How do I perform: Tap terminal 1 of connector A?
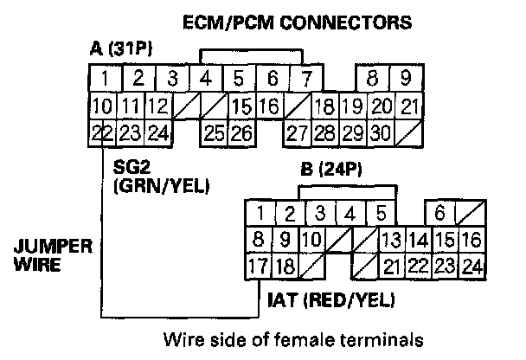pyautogui.click(x=104, y=79)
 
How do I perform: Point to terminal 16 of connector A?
pyautogui.click(x=268, y=106)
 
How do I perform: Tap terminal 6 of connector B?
pyautogui.click(x=439, y=213)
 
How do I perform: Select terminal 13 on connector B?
pyautogui.click(x=390, y=240)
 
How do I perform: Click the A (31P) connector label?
pyautogui.click(x=121, y=49)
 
